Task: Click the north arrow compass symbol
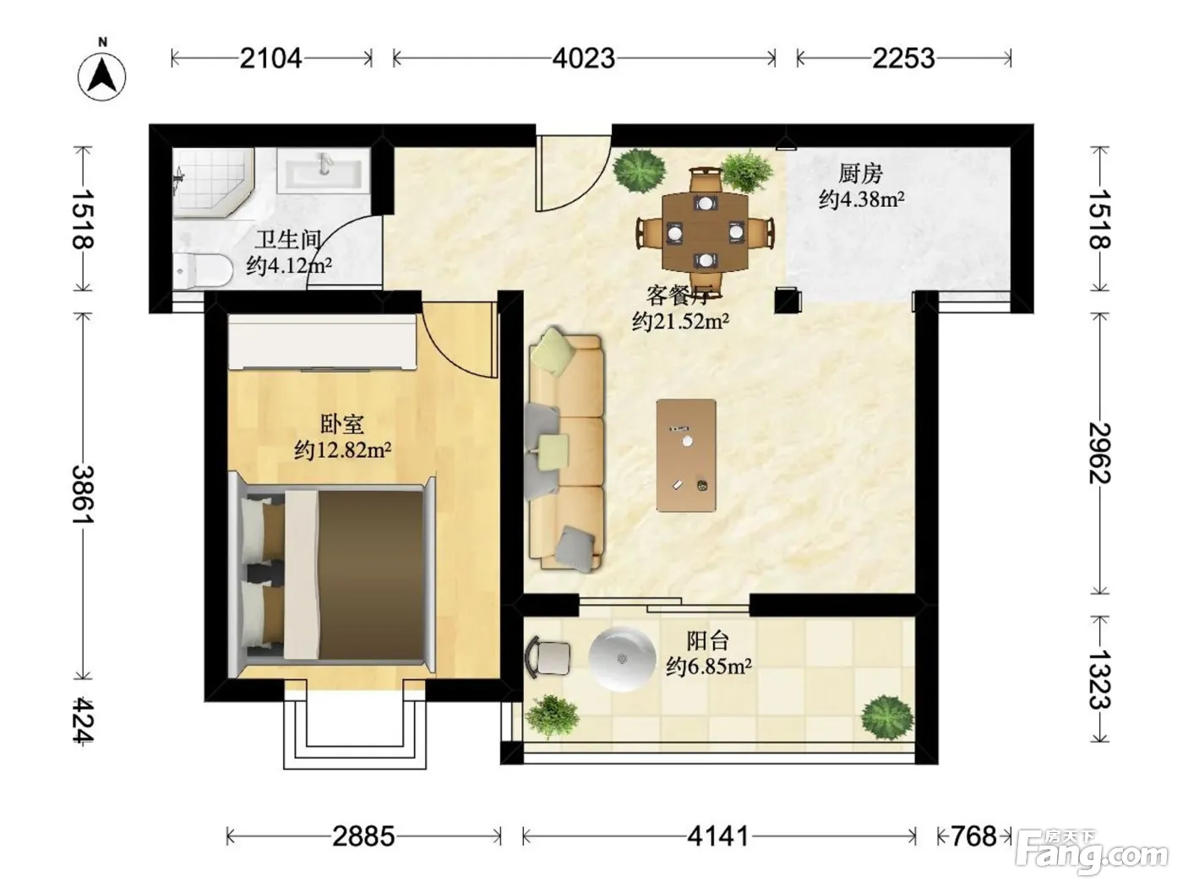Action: (102, 73)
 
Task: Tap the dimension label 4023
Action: (584, 58)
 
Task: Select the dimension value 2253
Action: (903, 58)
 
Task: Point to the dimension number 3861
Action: (83, 494)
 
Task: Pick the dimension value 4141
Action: (718, 836)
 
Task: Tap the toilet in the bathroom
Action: (203, 270)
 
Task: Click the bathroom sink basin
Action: (324, 170)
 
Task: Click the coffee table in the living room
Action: (686, 455)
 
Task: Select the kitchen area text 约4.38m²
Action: (861, 199)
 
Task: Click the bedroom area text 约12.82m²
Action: (342, 449)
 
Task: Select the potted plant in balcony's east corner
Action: (887, 718)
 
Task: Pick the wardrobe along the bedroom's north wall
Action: (322, 342)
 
